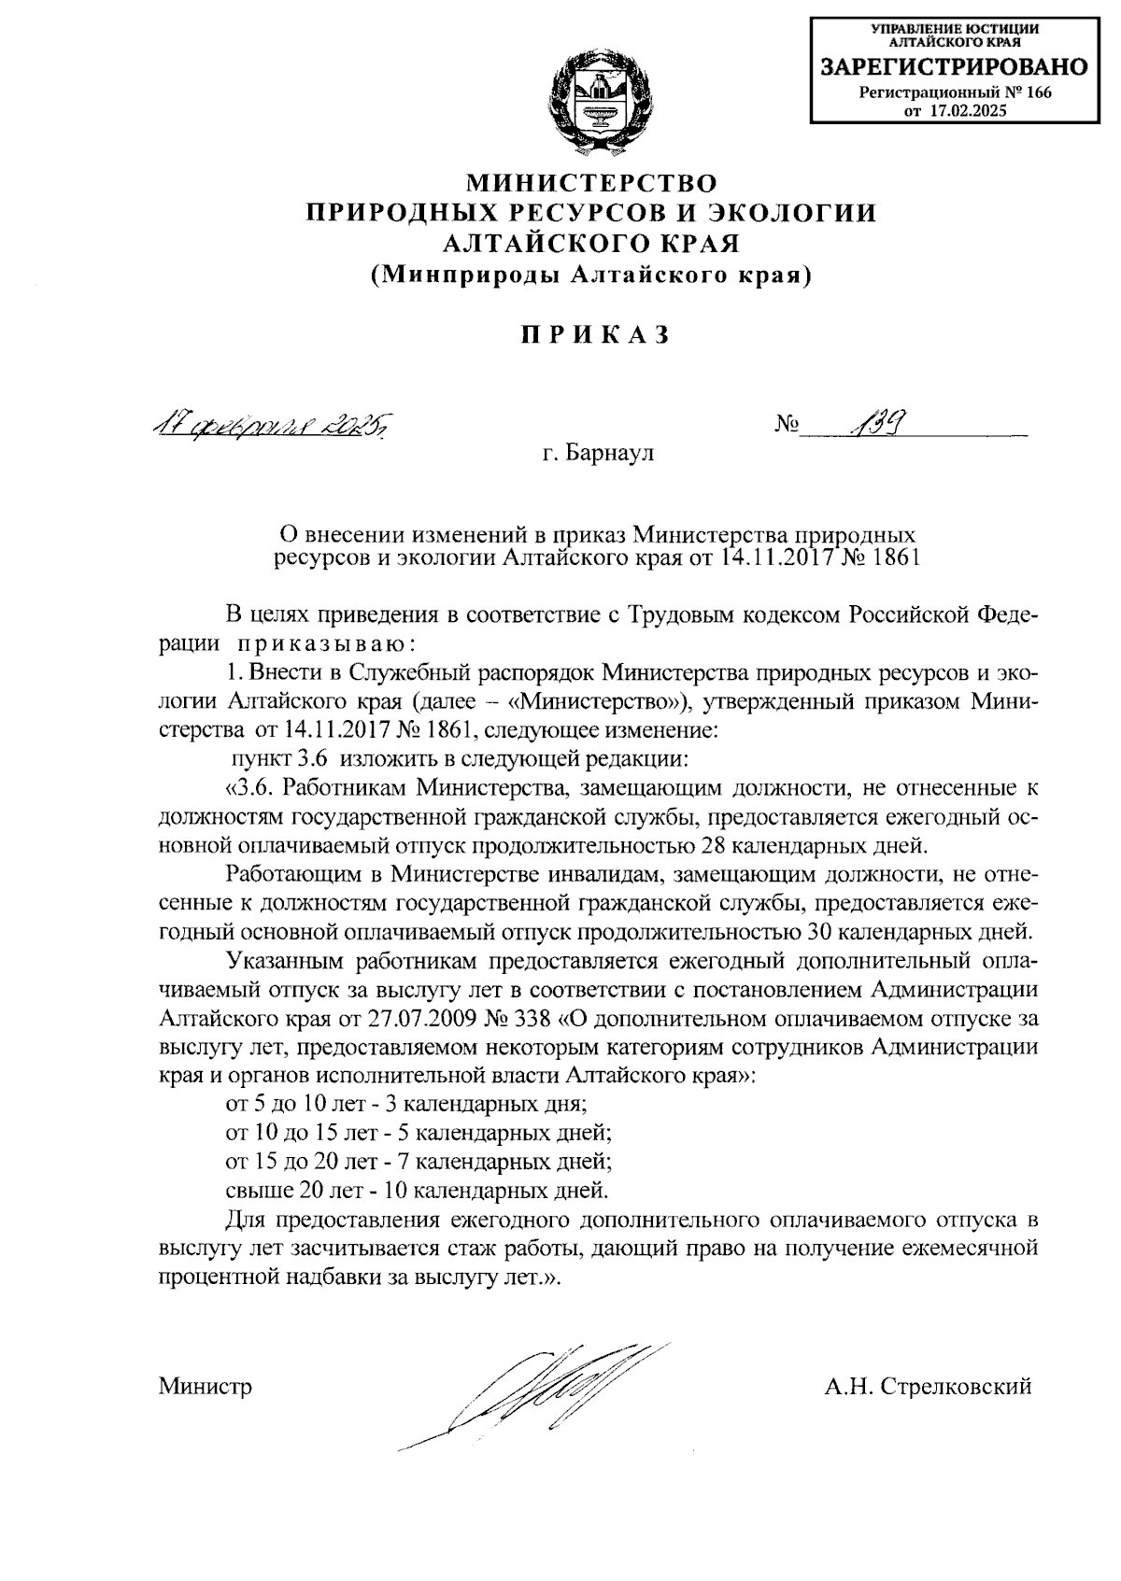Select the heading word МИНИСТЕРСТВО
[x=592, y=181]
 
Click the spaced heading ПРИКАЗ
[x=594, y=334]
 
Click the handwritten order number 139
[x=879, y=426]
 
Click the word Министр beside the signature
[x=206, y=1387]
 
